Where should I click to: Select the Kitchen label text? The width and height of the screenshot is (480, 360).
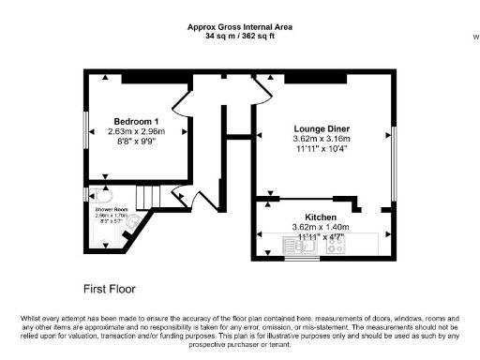point(320,216)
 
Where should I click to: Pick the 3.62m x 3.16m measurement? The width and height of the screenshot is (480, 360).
point(320,139)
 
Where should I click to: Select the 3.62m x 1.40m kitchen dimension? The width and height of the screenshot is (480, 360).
point(320,226)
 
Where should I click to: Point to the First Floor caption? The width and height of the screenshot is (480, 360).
point(107,286)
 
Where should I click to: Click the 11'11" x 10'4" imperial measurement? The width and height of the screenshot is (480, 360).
point(320,149)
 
